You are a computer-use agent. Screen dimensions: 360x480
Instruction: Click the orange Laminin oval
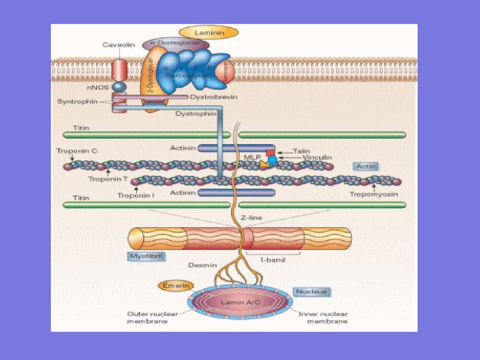click(209, 33)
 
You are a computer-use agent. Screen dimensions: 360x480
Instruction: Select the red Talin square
click(270, 153)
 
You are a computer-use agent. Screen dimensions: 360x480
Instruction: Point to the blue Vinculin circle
click(272, 160)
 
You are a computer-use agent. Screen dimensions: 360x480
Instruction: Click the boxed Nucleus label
click(312, 292)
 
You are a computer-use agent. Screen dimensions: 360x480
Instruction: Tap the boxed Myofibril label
click(146, 256)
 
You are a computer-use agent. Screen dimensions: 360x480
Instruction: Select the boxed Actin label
click(366, 167)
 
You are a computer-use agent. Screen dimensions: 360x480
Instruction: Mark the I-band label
click(273, 260)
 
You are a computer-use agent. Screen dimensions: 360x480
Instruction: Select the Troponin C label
click(77, 151)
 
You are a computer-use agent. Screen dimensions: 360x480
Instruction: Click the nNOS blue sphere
click(119, 87)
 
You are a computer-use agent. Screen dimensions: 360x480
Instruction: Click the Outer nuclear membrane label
click(147, 318)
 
